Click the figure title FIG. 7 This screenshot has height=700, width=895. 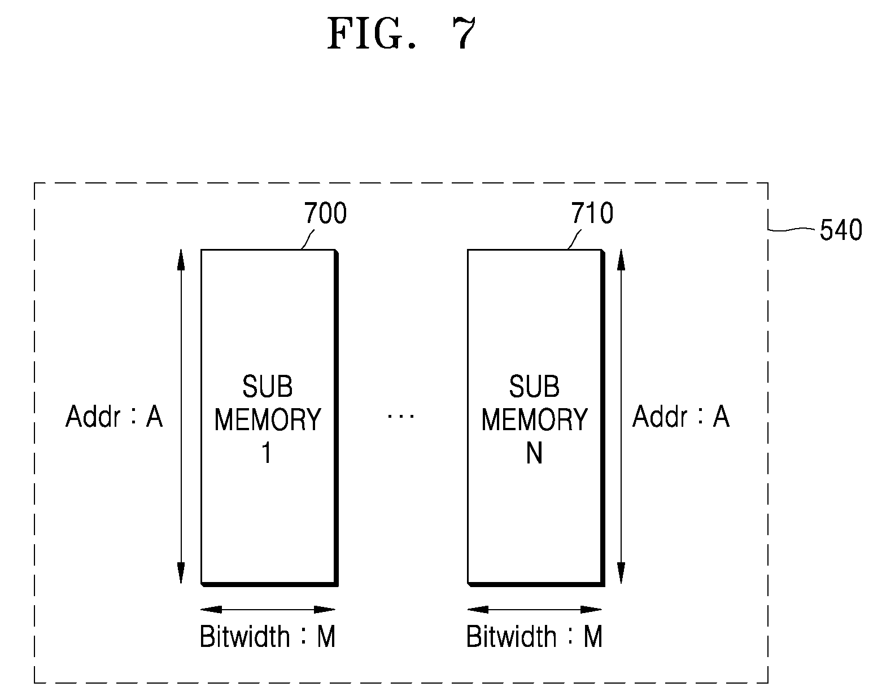click(x=401, y=34)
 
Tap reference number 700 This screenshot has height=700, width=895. click(x=325, y=213)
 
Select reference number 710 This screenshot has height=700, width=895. click(x=592, y=213)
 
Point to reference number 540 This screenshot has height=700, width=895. click(x=841, y=230)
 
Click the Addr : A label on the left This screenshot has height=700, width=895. click(x=114, y=416)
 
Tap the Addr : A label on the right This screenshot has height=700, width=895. click(x=681, y=416)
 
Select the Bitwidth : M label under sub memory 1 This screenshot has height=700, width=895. click(x=268, y=637)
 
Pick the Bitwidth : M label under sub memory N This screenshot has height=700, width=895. click(x=535, y=637)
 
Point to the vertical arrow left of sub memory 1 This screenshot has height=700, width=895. click(x=181, y=416)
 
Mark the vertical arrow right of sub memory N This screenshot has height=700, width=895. click(x=621, y=416)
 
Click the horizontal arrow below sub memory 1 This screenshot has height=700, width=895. click(x=268, y=610)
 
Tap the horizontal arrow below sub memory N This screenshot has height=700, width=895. click(x=535, y=610)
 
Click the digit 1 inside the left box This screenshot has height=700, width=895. click(x=267, y=453)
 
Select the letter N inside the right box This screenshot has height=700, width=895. click(x=534, y=453)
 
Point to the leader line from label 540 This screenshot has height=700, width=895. click(x=791, y=229)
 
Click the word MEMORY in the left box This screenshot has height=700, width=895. click(x=268, y=419)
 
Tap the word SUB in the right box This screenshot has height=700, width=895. click(x=534, y=386)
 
